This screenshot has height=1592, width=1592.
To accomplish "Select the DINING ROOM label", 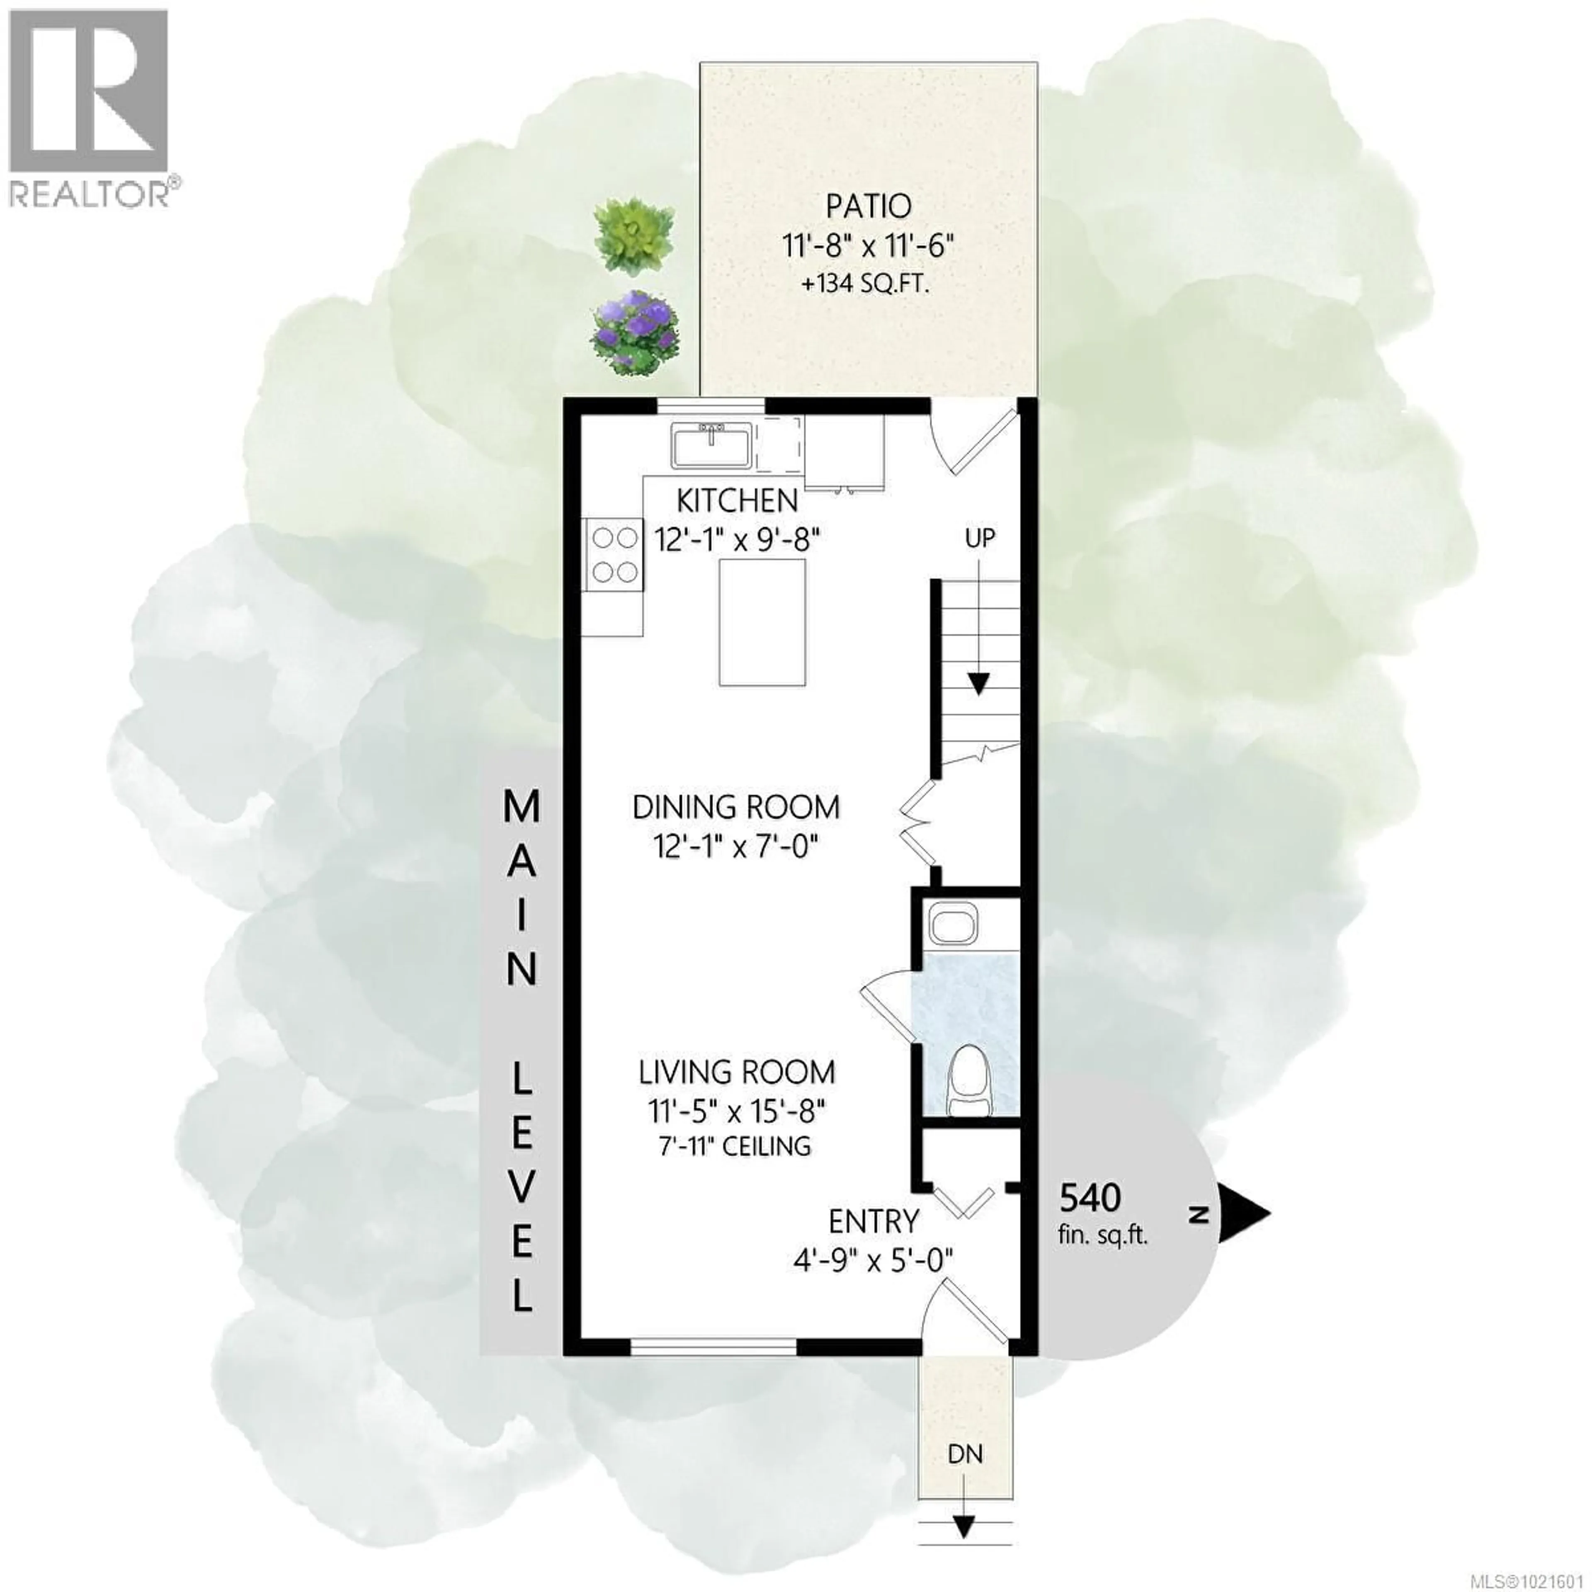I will [736, 807].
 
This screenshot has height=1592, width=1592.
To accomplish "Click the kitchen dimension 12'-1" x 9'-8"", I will [738, 541].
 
